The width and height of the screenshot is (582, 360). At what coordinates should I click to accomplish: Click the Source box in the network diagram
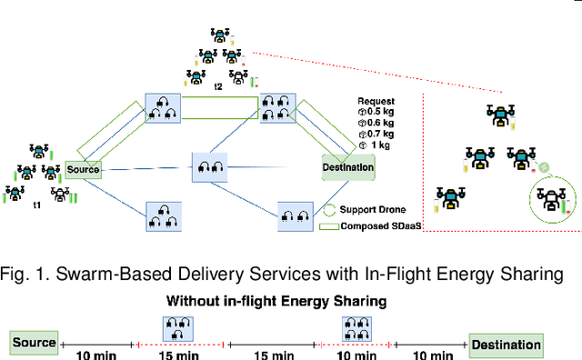pyautogui.click(x=83, y=169)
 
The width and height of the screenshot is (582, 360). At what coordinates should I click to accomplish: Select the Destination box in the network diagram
pyautogui.click(x=348, y=166)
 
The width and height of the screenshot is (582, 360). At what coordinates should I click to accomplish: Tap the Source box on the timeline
pyautogui.click(x=34, y=344)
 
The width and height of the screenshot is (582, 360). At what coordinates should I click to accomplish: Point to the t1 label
pyautogui.click(x=37, y=205)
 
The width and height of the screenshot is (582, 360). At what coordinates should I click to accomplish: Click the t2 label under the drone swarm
pyautogui.click(x=218, y=86)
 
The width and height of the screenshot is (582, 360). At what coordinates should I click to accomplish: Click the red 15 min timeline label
pyautogui.click(x=183, y=355)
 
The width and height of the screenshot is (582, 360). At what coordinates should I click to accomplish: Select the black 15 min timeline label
pyautogui.click(x=271, y=355)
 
